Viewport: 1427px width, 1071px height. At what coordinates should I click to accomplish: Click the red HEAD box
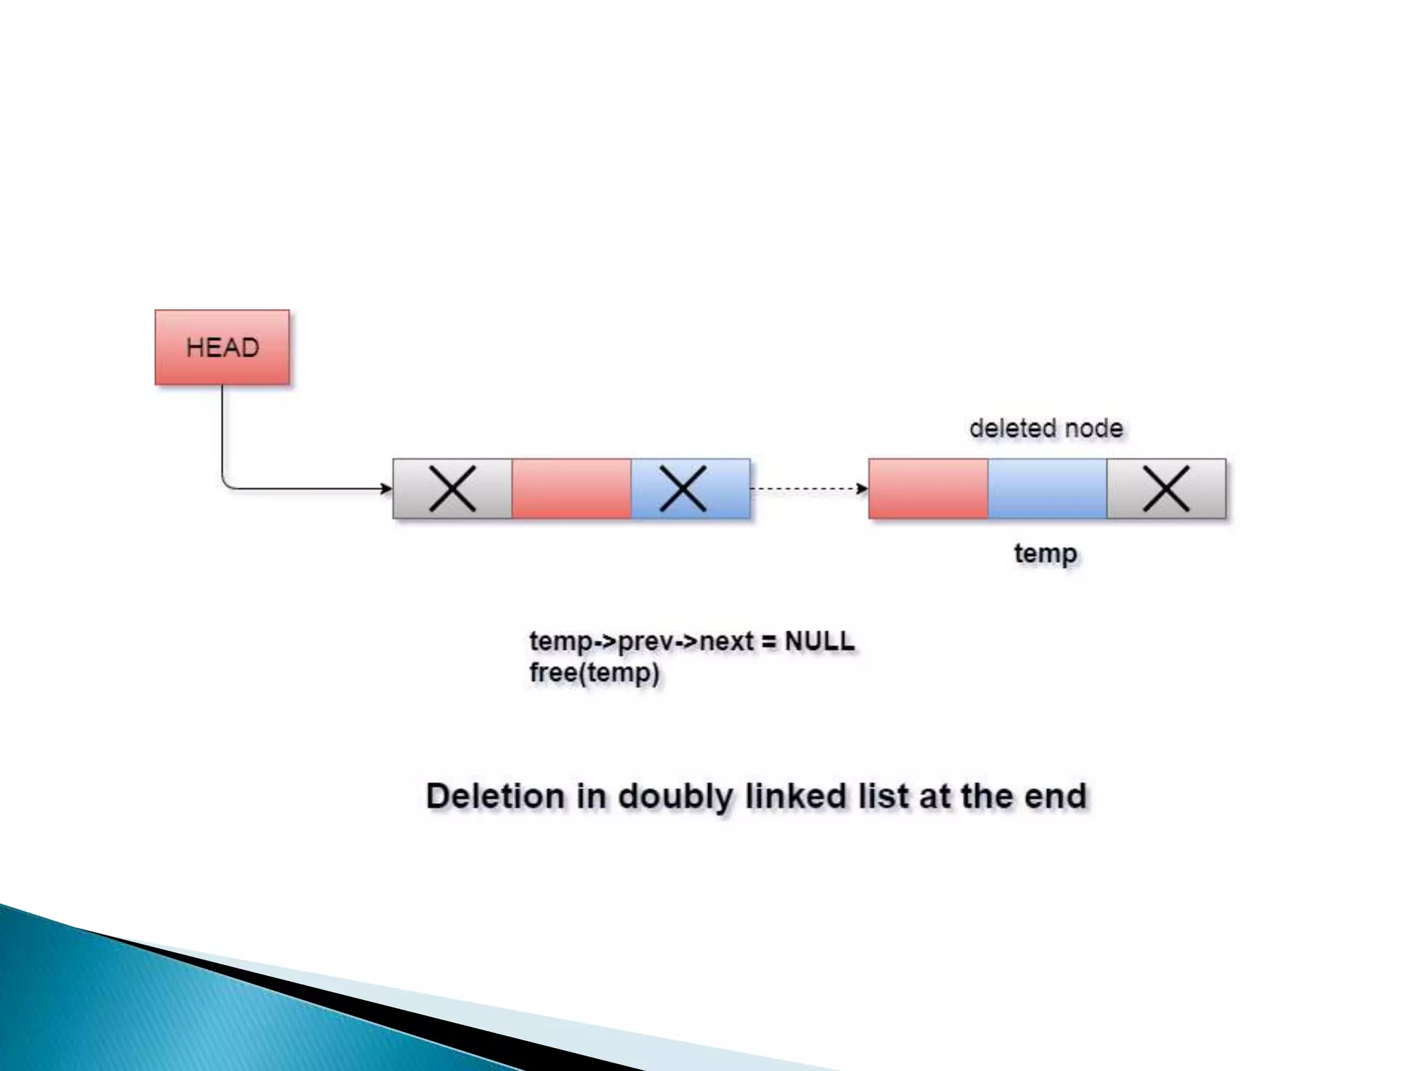pos(222,347)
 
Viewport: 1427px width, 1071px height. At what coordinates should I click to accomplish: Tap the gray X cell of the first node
pos(452,489)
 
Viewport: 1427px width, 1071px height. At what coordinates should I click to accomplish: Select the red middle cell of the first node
pos(571,489)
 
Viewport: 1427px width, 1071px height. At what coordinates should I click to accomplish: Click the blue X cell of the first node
pos(691,489)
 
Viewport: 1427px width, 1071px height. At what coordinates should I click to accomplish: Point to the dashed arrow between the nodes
pos(808,489)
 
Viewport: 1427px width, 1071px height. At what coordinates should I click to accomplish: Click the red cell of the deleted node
pos(928,489)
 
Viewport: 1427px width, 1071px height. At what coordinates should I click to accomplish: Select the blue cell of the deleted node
pos(1047,489)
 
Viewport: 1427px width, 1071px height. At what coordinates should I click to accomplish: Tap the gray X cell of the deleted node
pos(1166,489)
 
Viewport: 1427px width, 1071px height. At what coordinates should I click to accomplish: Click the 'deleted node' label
pos(1046,428)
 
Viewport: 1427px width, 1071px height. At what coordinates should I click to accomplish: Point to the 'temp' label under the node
pos(1045,554)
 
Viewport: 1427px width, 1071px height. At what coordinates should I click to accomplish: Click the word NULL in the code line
pos(819,641)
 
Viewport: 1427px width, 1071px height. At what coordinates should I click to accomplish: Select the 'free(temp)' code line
pos(594,674)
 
